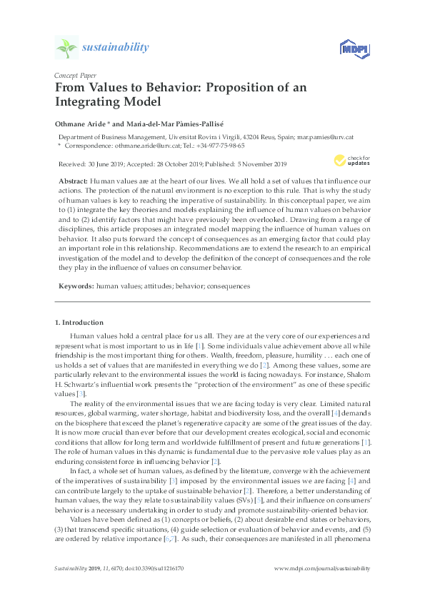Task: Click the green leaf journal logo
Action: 67,48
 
